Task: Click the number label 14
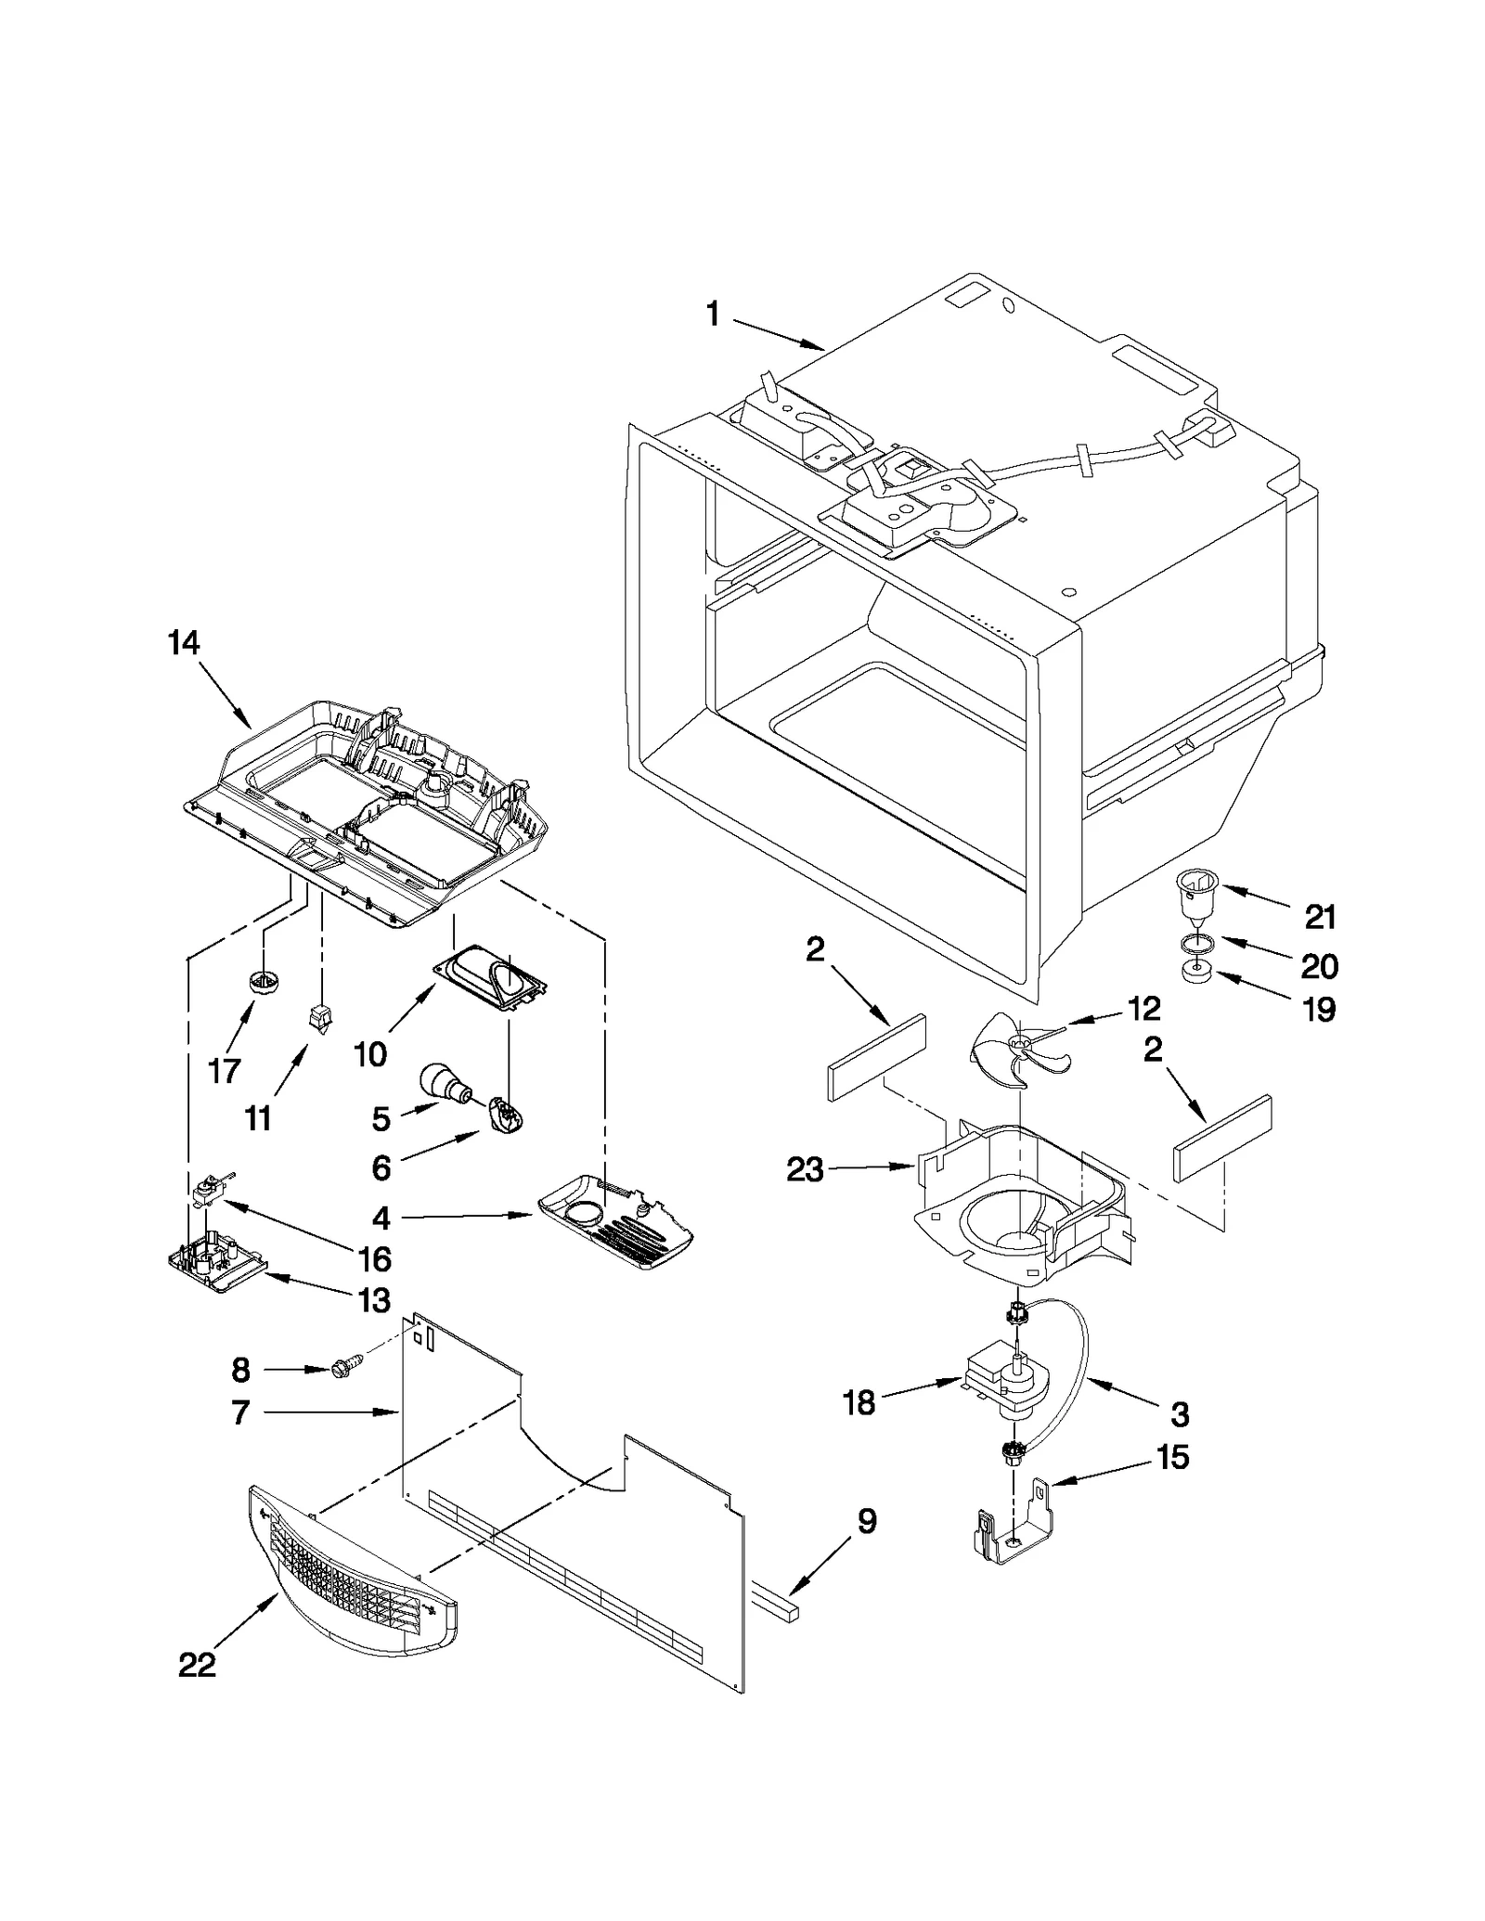click(184, 642)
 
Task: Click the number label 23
click(804, 1170)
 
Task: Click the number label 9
click(865, 1520)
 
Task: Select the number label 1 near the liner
click(713, 316)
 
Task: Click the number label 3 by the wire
click(1179, 1415)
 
